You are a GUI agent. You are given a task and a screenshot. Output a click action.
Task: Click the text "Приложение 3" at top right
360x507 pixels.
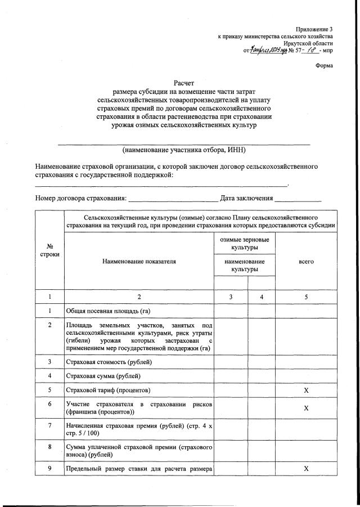314,29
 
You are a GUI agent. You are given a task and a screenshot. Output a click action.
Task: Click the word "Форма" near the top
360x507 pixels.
323,65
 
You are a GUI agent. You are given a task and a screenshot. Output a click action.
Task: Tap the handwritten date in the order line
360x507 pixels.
269,50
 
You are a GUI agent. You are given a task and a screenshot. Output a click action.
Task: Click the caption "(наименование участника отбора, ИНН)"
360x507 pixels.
184,150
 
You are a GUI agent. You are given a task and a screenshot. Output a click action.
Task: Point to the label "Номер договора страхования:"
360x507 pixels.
81,198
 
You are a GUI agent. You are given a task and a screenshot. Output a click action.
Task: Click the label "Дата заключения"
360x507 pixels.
246,198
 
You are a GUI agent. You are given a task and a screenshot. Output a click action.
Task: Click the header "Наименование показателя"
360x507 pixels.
139,262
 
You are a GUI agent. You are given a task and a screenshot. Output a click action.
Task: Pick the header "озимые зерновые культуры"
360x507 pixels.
245,244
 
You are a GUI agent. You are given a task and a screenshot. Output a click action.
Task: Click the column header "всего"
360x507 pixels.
306,262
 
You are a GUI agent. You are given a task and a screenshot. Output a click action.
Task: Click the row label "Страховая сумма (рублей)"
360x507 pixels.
102,376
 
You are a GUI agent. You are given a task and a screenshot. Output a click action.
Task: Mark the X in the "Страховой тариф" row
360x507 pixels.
306,391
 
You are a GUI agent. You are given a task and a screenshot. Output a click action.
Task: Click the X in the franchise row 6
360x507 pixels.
306,409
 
